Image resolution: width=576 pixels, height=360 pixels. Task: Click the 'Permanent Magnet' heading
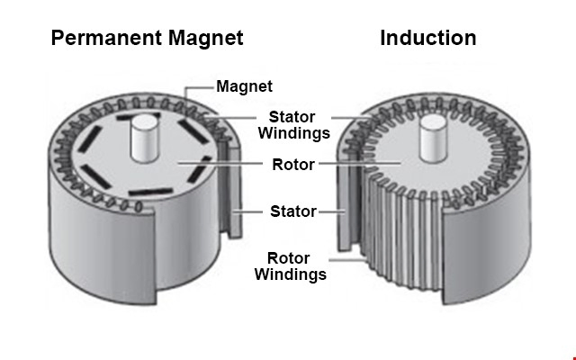click(x=147, y=38)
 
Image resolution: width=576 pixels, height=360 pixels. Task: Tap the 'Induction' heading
click(x=428, y=38)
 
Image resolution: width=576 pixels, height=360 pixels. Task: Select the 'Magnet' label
click(x=244, y=86)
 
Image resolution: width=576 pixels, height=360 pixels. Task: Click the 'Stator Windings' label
click(x=294, y=125)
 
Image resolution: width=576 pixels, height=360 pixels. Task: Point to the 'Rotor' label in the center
click(x=293, y=165)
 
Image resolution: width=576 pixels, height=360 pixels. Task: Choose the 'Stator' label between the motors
click(x=293, y=211)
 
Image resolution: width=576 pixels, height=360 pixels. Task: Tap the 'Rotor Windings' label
click(x=290, y=266)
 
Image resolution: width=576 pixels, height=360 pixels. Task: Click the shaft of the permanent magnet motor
click(x=146, y=138)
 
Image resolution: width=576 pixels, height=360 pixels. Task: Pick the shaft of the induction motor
click(x=434, y=138)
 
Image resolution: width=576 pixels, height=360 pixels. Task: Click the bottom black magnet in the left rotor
click(x=150, y=192)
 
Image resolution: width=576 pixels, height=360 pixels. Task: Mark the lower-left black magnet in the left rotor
click(x=95, y=176)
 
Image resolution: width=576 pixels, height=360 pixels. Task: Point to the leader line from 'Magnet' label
click(x=194, y=88)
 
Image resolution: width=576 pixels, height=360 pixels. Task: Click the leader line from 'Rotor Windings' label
click(x=347, y=260)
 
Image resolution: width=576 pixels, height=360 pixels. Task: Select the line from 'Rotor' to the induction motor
click(x=360, y=163)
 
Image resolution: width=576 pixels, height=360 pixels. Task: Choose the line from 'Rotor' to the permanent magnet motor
click(x=220, y=163)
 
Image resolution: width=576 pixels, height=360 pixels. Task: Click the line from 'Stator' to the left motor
click(x=247, y=211)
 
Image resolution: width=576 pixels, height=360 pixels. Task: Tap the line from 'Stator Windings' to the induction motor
click(x=352, y=118)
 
